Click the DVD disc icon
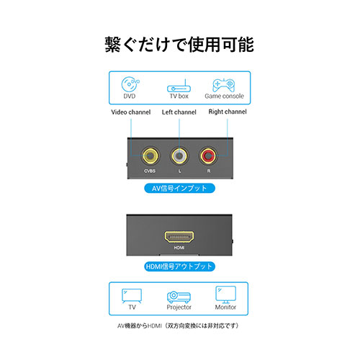[x=130, y=84]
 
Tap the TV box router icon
[x=179, y=86]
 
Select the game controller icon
[x=224, y=85]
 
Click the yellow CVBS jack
[x=150, y=156]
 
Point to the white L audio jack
[x=179, y=156]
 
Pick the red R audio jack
[x=208, y=156]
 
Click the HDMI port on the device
[x=179, y=237]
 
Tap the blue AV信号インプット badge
[x=179, y=188]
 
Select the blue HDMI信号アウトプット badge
[x=179, y=266]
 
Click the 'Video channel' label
[x=131, y=112]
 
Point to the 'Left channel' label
[x=179, y=112]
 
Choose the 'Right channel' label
[x=228, y=112]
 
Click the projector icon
[x=179, y=297]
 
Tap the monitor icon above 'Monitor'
[x=225, y=294]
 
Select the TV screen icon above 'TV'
[x=132, y=296]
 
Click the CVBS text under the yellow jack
[x=150, y=171]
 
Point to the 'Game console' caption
[x=224, y=96]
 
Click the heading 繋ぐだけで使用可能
[x=179, y=45]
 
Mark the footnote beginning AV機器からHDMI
[x=178, y=325]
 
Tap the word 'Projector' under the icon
[x=179, y=307]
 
